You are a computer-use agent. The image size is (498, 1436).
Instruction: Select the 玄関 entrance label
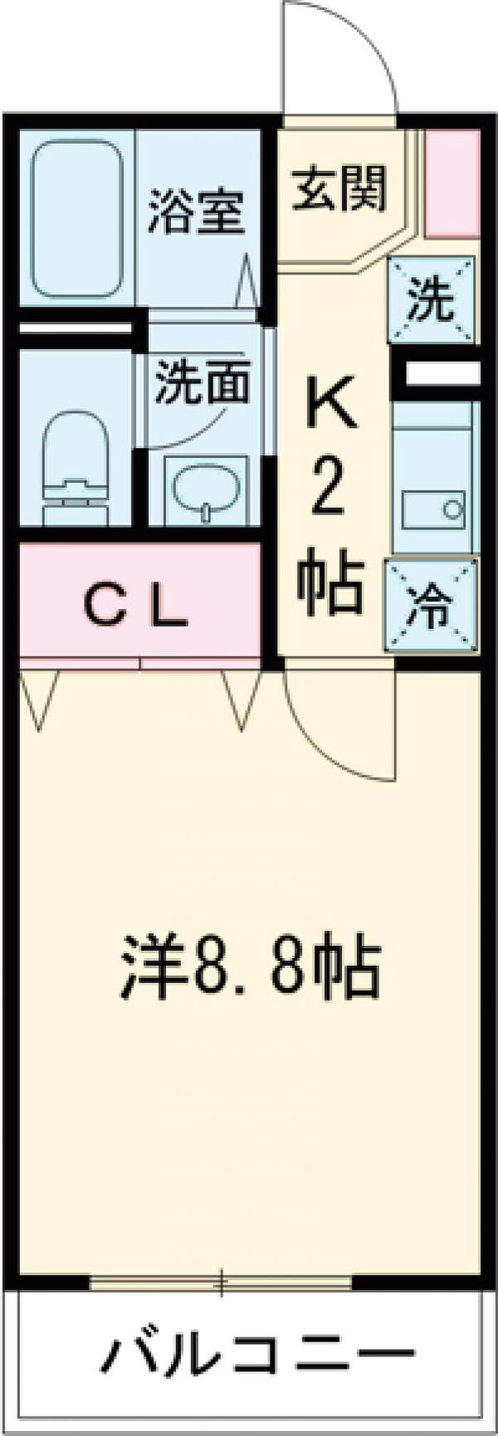pyautogui.click(x=340, y=188)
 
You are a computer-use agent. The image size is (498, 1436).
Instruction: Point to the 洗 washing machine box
pyautogui.click(x=432, y=301)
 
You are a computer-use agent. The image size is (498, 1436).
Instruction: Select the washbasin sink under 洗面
pyautogui.click(x=206, y=490)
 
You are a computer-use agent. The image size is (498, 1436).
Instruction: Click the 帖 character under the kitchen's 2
pyautogui.click(x=331, y=586)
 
